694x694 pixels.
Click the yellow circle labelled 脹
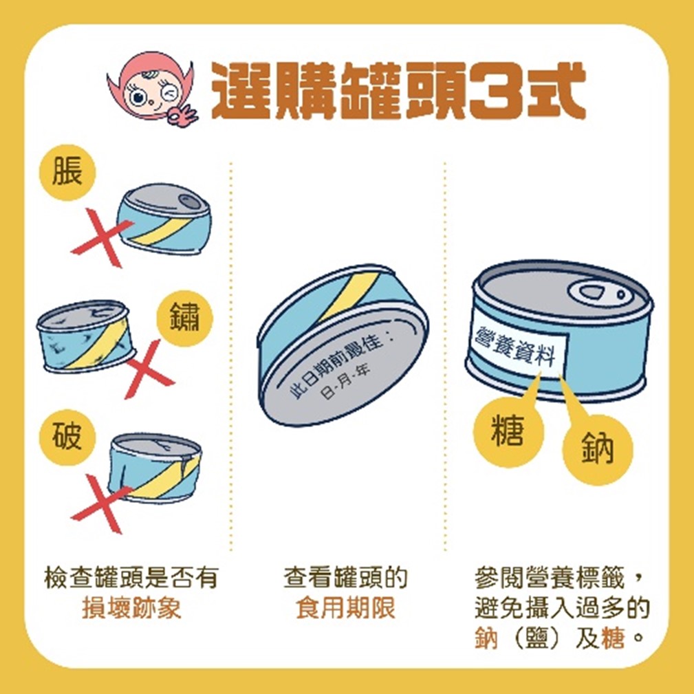[x=67, y=173]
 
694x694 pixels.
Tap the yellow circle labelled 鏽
[x=184, y=318]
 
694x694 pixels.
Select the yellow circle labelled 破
[x=67, y=437]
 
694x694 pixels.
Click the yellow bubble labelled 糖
[x=508, y=430]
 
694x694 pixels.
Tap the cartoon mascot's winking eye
[x=169, y=94]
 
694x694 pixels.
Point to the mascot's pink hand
[x=182, y=116]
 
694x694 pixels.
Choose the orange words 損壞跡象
[x=132, y=608]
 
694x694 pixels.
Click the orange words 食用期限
[x=346, y=608]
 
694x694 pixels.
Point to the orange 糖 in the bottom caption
[x=613, y=638]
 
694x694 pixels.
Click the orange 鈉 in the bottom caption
[x=486, y=638]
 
